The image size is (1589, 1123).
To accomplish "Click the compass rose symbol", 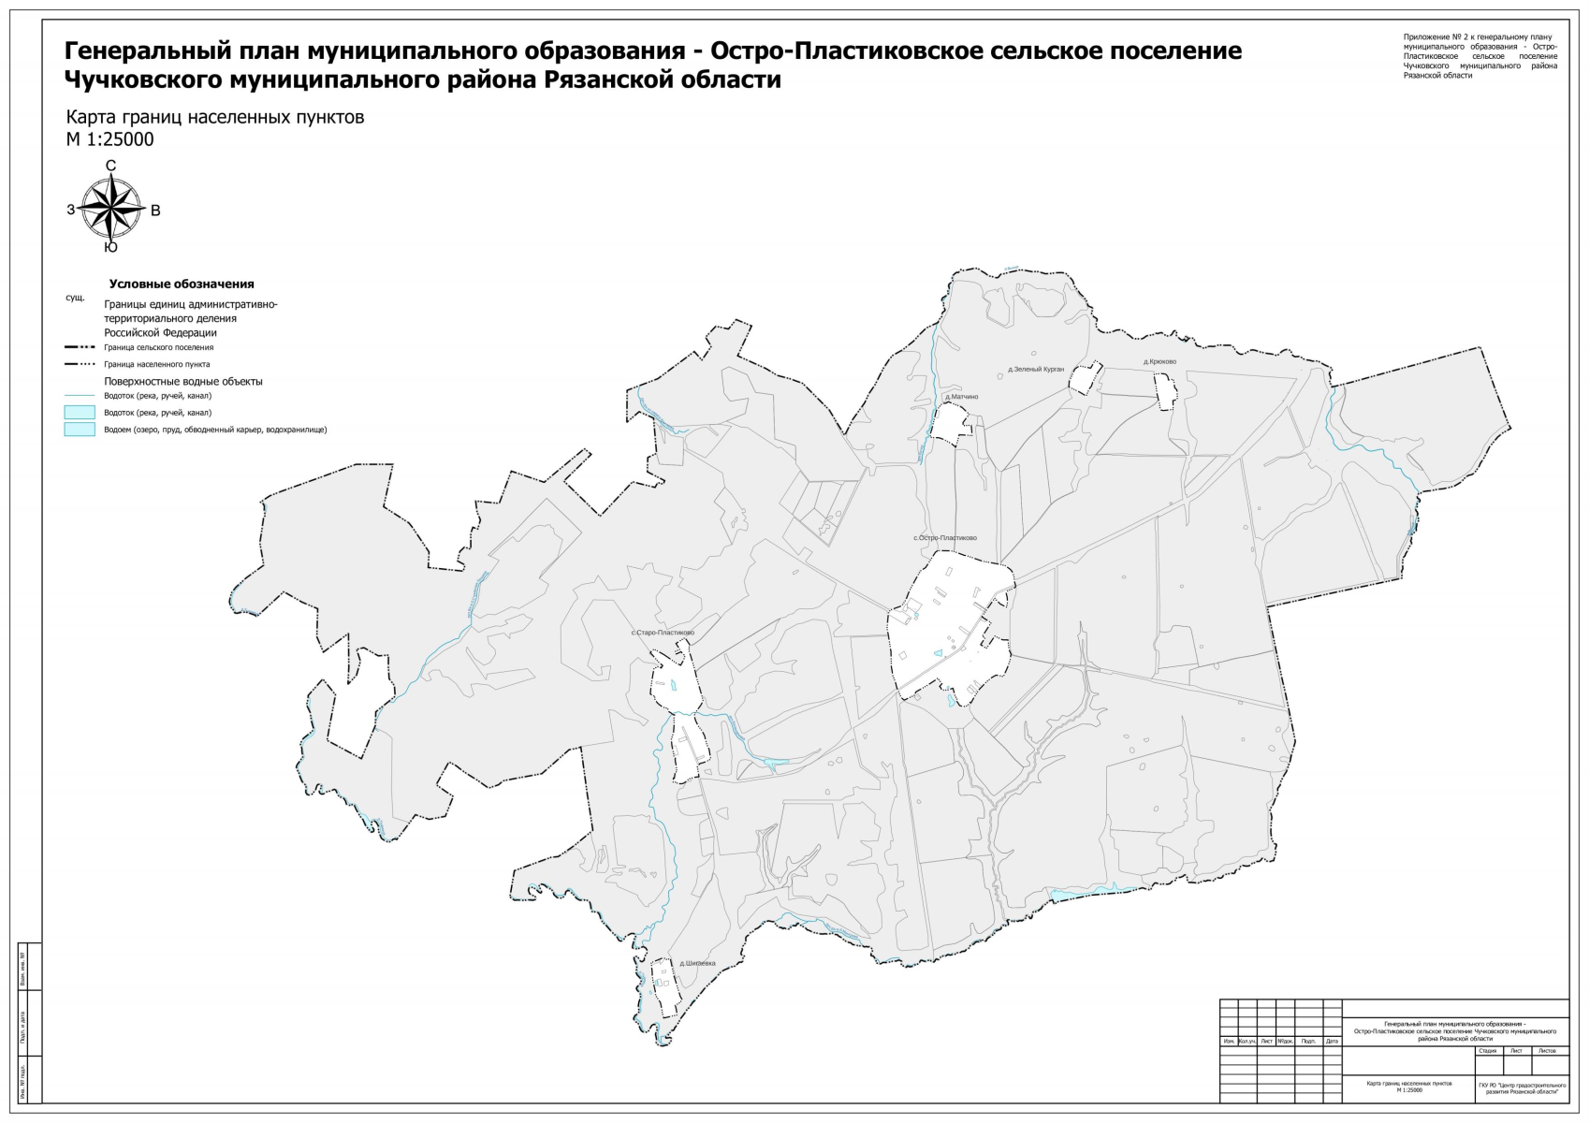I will click(x=111, y=209).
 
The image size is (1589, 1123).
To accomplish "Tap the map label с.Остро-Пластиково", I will click(x=945, y=538).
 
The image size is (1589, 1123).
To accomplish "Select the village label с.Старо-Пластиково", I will click(x=663, y=633).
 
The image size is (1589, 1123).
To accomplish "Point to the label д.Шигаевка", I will click(x=697, y=963).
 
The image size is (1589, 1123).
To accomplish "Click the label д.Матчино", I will click(x=961, y=397).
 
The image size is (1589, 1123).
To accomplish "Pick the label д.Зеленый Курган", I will click(x=1036, y=370).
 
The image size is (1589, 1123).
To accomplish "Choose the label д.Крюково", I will click(x=1159, y=362).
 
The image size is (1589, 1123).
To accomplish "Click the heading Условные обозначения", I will click(x=182, y=284).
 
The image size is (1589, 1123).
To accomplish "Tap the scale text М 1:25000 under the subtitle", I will click(x=109, y=140).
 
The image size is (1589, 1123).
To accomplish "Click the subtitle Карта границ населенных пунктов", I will click(x=214, y=118).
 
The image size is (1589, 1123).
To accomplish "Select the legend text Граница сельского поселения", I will click(x=158, y=347).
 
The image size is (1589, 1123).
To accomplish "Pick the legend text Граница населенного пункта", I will click(x=156, y=364).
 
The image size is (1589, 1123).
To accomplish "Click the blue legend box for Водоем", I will click(x=80, y=430).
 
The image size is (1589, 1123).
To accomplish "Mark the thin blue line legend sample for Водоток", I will click(x=80, y=396).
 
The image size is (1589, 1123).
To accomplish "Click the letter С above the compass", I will click(x=110, y=166).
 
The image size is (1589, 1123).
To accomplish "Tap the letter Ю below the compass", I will click(x=110, y=248).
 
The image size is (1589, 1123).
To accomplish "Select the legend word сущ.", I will click(x=75, y=298).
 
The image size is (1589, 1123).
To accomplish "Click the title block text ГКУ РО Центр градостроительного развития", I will click(x=1522, y=1088).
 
